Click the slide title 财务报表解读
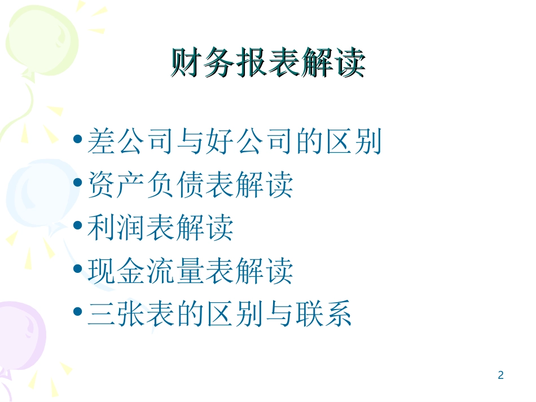coord(267,63)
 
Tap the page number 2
coord(500,375)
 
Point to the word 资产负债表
coord(161,185)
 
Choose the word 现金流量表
coord(161,271)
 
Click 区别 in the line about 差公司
coord(353,143)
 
